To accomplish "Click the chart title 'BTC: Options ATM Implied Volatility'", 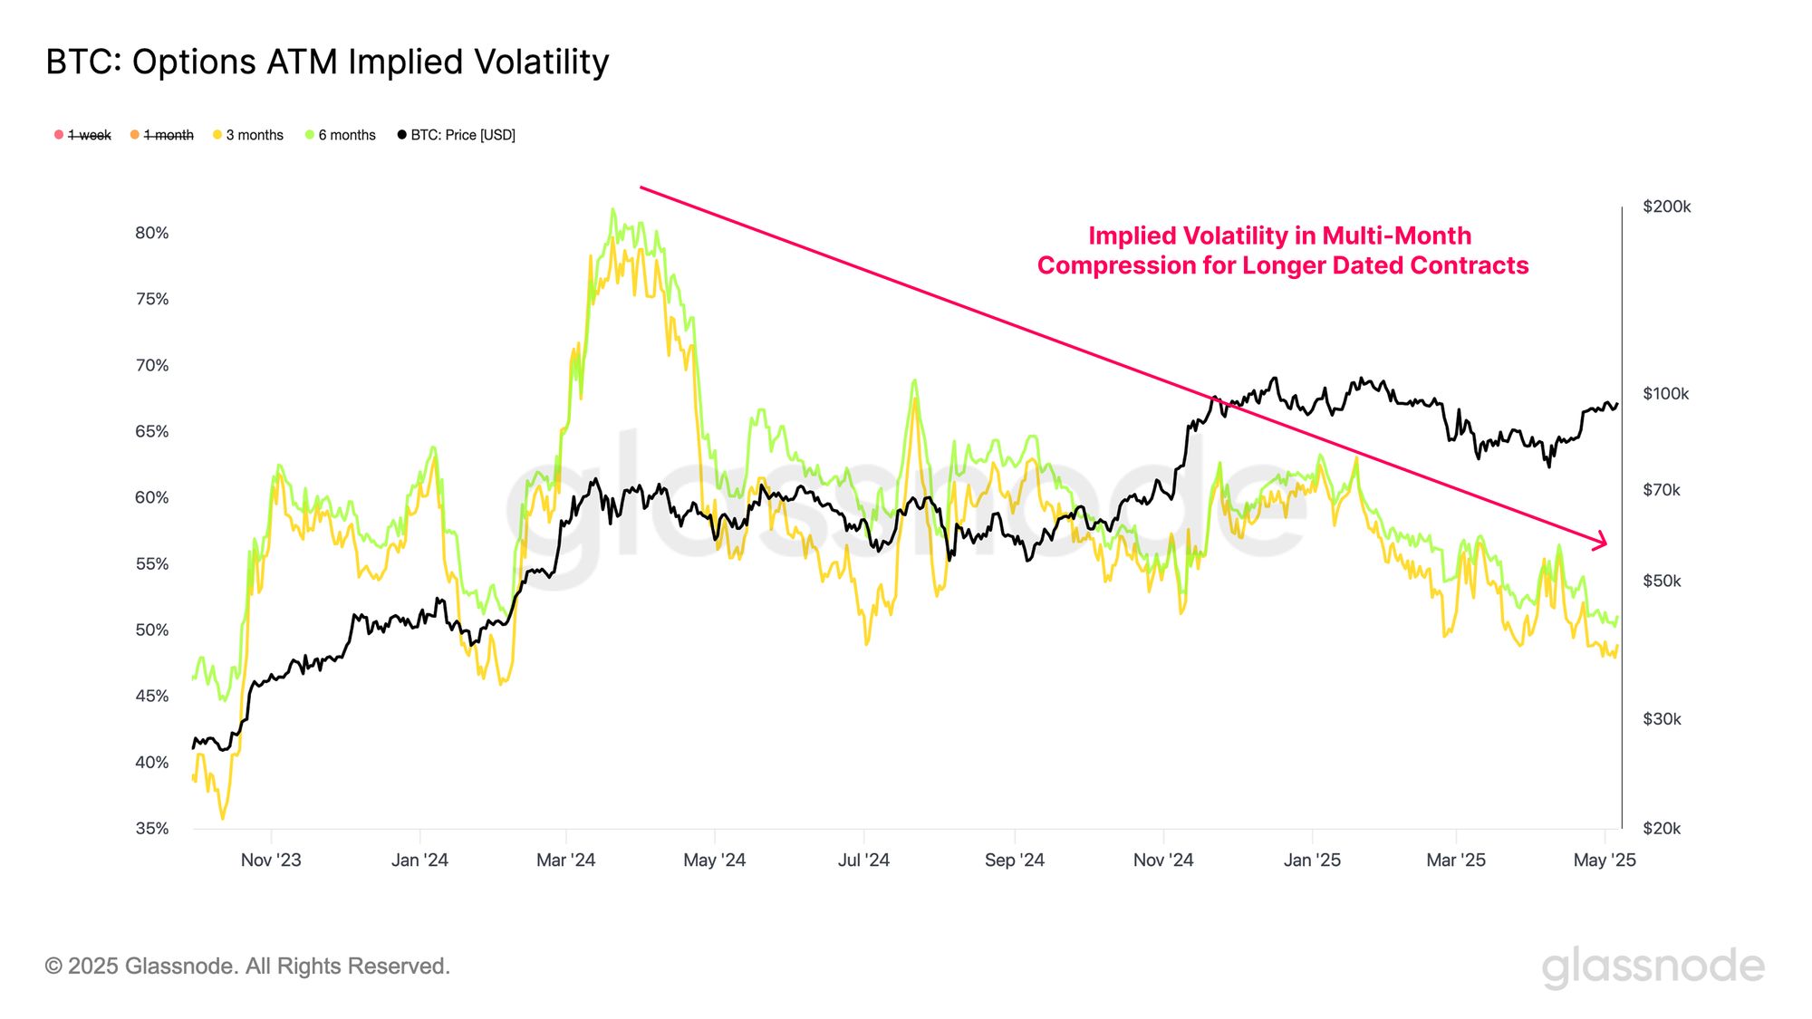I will (x=327, y=62).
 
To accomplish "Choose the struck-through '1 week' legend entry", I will (x=83, y=135).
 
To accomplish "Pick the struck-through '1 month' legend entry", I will (x=162, y=135).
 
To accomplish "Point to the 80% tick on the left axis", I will (x=152, y=233).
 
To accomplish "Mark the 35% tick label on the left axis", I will (x=152, y=828).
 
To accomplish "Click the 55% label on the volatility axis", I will (x=152, y=563).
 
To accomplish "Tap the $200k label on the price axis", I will (x=1666, y=207).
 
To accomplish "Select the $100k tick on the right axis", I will (x=1665, y=394).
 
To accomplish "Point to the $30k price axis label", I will (x=1662, y=719).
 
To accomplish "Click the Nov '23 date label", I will (x=271, y=860).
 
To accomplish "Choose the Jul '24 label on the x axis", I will (x=863, y=860).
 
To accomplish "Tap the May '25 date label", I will (x=1605, y=860).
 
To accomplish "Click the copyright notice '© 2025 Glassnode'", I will (x=247, y=966).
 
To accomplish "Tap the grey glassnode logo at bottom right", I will (x=1653, y=967).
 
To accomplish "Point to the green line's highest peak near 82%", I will (x=613, y=210).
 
